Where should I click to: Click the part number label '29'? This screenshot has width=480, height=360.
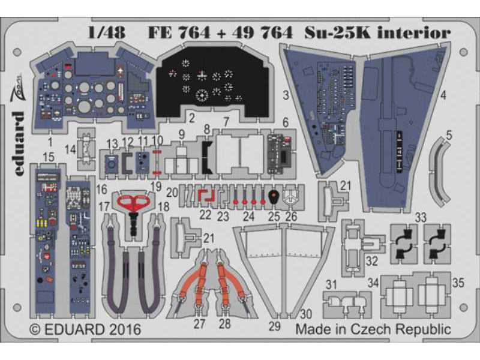pyautogui.click(x=274, y=326)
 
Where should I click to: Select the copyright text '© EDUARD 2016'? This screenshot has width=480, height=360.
pyautogui.click(x=85, y=329)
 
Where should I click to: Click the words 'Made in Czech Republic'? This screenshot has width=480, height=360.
pyautogui.click(x=373, y=329)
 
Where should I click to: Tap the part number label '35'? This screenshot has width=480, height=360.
pyautogui.click(x=458, y=281)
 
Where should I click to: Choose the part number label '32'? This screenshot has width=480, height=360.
pyautogui.click(x=371, y=260)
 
